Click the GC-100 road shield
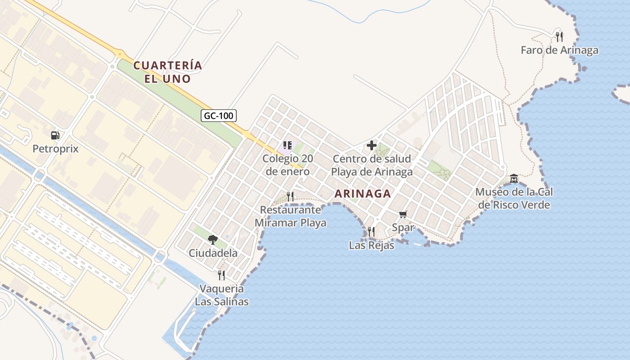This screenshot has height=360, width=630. click(x=219, y=116)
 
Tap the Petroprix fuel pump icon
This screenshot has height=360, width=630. click(x=55, y=135)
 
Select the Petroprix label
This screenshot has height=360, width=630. click(x=55, y=148)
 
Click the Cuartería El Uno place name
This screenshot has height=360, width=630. click(x=168, y=72)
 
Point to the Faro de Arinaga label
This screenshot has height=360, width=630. click(x=559, y=50)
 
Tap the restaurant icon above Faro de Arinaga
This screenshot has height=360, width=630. click(x=559, y=36)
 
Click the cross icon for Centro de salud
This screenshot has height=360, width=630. click(x=372, y=145)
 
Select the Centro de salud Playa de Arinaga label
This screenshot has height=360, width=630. click(x=372, y=165)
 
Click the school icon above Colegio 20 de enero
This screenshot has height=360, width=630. click(x=288, y=145)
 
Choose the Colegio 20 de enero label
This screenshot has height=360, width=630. click(x=288, y=165)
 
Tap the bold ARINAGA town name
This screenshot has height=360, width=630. click(x=362, y=194)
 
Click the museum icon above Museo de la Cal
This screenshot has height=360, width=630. click(x=514, y=179)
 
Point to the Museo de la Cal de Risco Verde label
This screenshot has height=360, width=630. click(x=514, y=198)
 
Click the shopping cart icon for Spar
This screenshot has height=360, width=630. click(x=403, y=214)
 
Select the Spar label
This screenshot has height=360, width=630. click(x=403, y=227)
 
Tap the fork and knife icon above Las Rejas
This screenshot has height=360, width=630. click(x=371, y=232)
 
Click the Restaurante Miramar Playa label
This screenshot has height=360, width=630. click(x=290, y=216)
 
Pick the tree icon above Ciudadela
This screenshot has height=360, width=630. click(x=213, y=239)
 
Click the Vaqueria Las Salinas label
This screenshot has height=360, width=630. click(x=221, y=295)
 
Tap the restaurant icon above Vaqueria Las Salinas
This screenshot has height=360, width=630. click(x=221, y=275)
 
